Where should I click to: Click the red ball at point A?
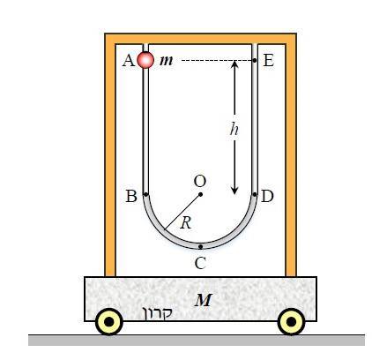pyautogui.click(x=145, y=60)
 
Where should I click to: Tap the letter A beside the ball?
pyautogui.click(x=129, y=61)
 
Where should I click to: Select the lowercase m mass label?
pyautogui.click(x=167, y=61)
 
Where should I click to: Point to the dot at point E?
pyautogui.click(x=255, y=60)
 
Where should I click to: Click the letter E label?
pyautogui.click(x=269, y=61)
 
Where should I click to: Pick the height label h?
pyautogui.click(x=234, y=129)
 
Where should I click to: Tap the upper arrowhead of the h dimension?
pyautogui.click(x=234, y=64)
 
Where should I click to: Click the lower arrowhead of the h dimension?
pyautogui.click(x=234, y=191)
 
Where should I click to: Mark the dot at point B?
pyautogui.click(x=145, y=194)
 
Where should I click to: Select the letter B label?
pyautogui.click(x=131, y=196)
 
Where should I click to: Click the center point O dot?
pyautogui.click(x=200, y=194)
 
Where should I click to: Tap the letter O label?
pyautogui.click(x=200, y=181)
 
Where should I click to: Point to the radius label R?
pyautogui.click(x=186, y=223)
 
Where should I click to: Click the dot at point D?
pyautogui.click(x=255, y=194)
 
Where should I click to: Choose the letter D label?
pyautogui.click(x=267, y=196)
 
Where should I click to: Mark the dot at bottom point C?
pyautogui.click(x=200, y=246)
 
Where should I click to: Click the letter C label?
pyautogui.click(x=200, y=263)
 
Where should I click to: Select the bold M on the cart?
pyautogui.click(x=204, y=300)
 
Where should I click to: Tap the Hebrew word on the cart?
pyautogui.click(x=157, y=313)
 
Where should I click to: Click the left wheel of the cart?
pyautogui.click(x=109, y=322)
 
